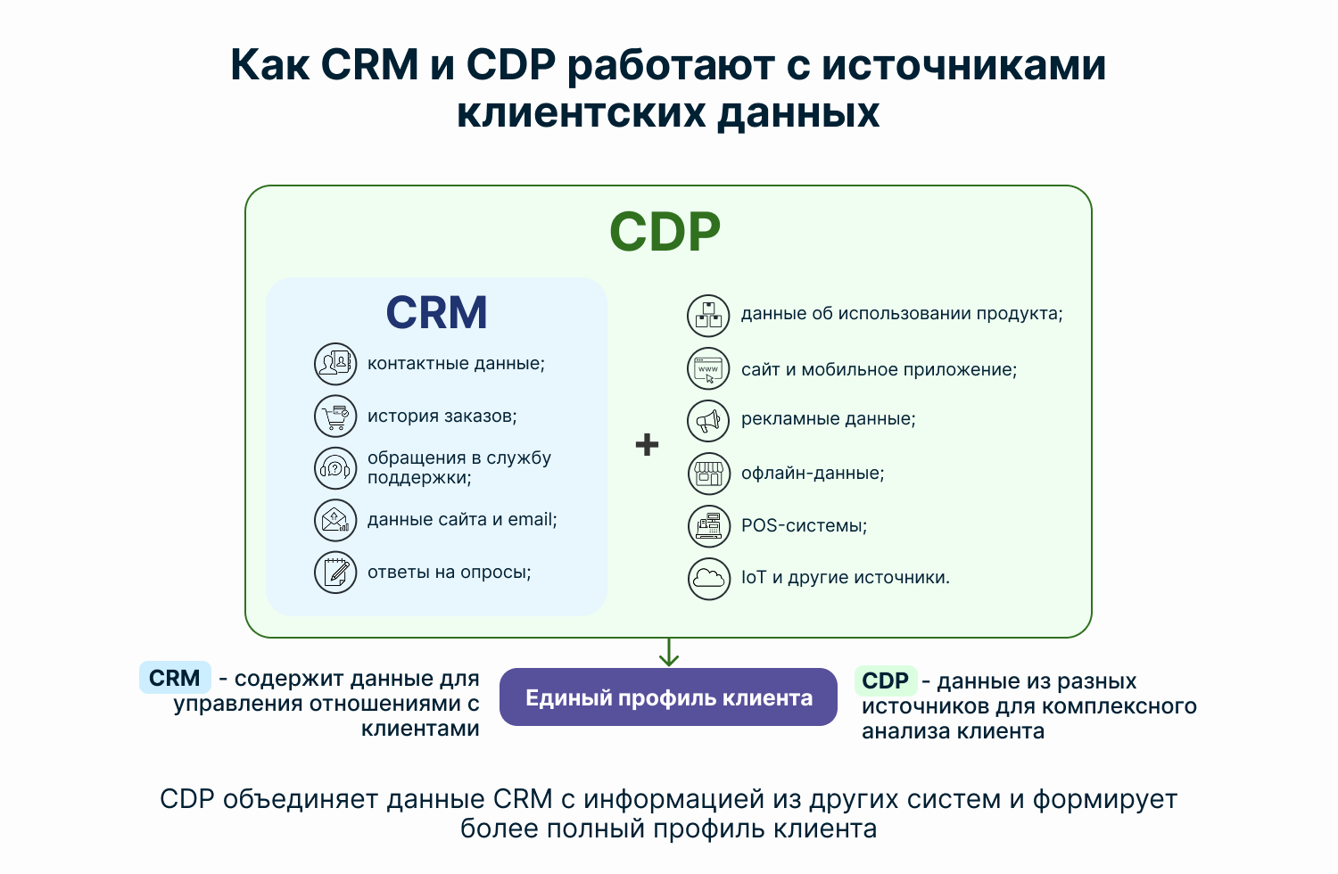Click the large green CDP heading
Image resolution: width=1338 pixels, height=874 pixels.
[665, 232]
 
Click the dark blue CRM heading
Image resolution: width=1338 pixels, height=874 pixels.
[437, 312]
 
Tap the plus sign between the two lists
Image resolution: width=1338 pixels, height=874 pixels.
[647, 444]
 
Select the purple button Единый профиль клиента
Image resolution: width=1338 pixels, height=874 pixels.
[668, 697]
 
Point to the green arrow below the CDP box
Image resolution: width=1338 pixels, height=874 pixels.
[668, 652]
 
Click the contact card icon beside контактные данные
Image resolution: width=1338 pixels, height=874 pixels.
[335, 364]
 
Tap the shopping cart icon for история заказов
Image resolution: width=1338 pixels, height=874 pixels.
[335, 416]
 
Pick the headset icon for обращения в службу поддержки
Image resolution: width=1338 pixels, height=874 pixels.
[335, 467]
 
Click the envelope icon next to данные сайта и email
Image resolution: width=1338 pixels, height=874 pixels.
[335, 520]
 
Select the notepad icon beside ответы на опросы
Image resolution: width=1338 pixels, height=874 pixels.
[335, 573]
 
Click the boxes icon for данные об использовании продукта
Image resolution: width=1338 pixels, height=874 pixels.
[708, 316]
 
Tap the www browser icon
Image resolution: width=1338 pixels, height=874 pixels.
[708, 368]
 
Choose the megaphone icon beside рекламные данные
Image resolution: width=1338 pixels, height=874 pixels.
[708, 421]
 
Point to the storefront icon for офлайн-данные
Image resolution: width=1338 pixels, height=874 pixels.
[709, 474]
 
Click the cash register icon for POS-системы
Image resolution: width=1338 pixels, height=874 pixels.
[709, 526]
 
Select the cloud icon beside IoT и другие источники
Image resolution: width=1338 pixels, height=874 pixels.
[709, 578]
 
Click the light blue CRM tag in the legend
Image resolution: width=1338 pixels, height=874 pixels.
[175, 678]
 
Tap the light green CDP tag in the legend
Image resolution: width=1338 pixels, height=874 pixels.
[886, 680]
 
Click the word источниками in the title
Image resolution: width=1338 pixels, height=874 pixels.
[963, 64]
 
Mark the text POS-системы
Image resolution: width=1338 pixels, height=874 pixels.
[804, 525]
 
